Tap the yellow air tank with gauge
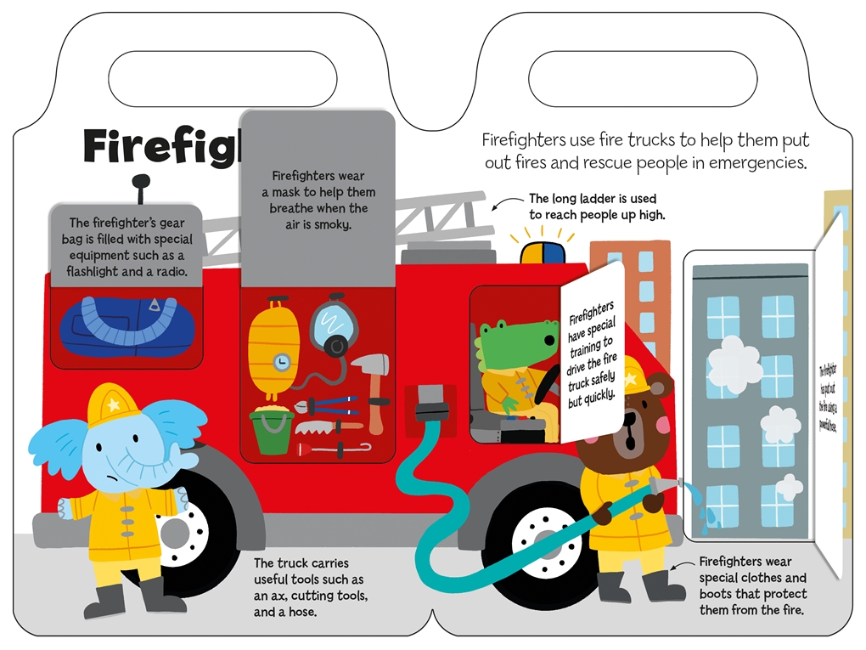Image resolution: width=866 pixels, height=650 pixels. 269,344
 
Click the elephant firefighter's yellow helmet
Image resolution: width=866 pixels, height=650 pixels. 114,403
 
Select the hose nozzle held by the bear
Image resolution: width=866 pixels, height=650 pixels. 667,485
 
